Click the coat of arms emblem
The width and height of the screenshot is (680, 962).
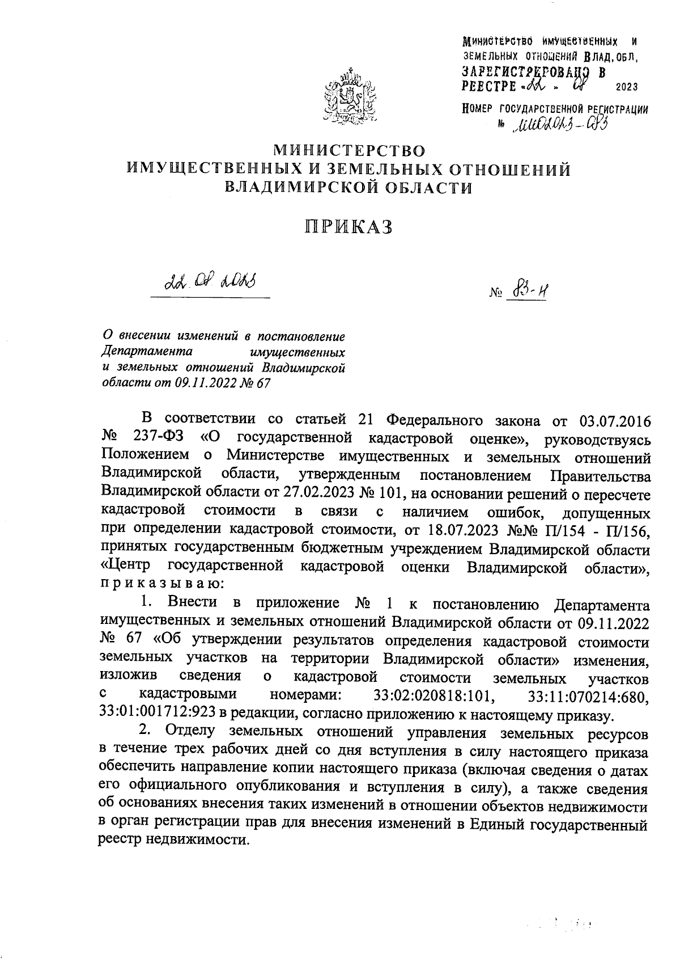(348, 97)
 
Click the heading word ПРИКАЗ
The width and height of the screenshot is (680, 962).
(348, 227)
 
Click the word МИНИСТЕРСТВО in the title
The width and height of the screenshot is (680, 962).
(349, 150)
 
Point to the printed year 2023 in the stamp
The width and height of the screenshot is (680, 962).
(626, 87)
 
